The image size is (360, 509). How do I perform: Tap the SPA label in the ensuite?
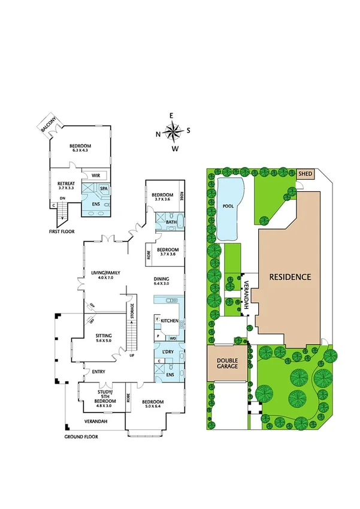click(104, 188)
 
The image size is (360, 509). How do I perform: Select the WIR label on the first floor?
click(95, 175)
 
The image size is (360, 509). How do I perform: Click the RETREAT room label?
click(65, 183)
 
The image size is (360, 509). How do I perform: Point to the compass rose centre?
click(174, 131)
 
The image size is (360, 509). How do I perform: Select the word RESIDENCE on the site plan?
click(291, 277)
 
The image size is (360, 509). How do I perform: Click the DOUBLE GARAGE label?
click(227, 364)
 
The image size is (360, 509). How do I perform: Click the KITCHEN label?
click(170, 321)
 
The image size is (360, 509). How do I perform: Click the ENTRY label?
click(98, 372)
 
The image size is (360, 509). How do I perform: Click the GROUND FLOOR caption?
click(81, 437)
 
